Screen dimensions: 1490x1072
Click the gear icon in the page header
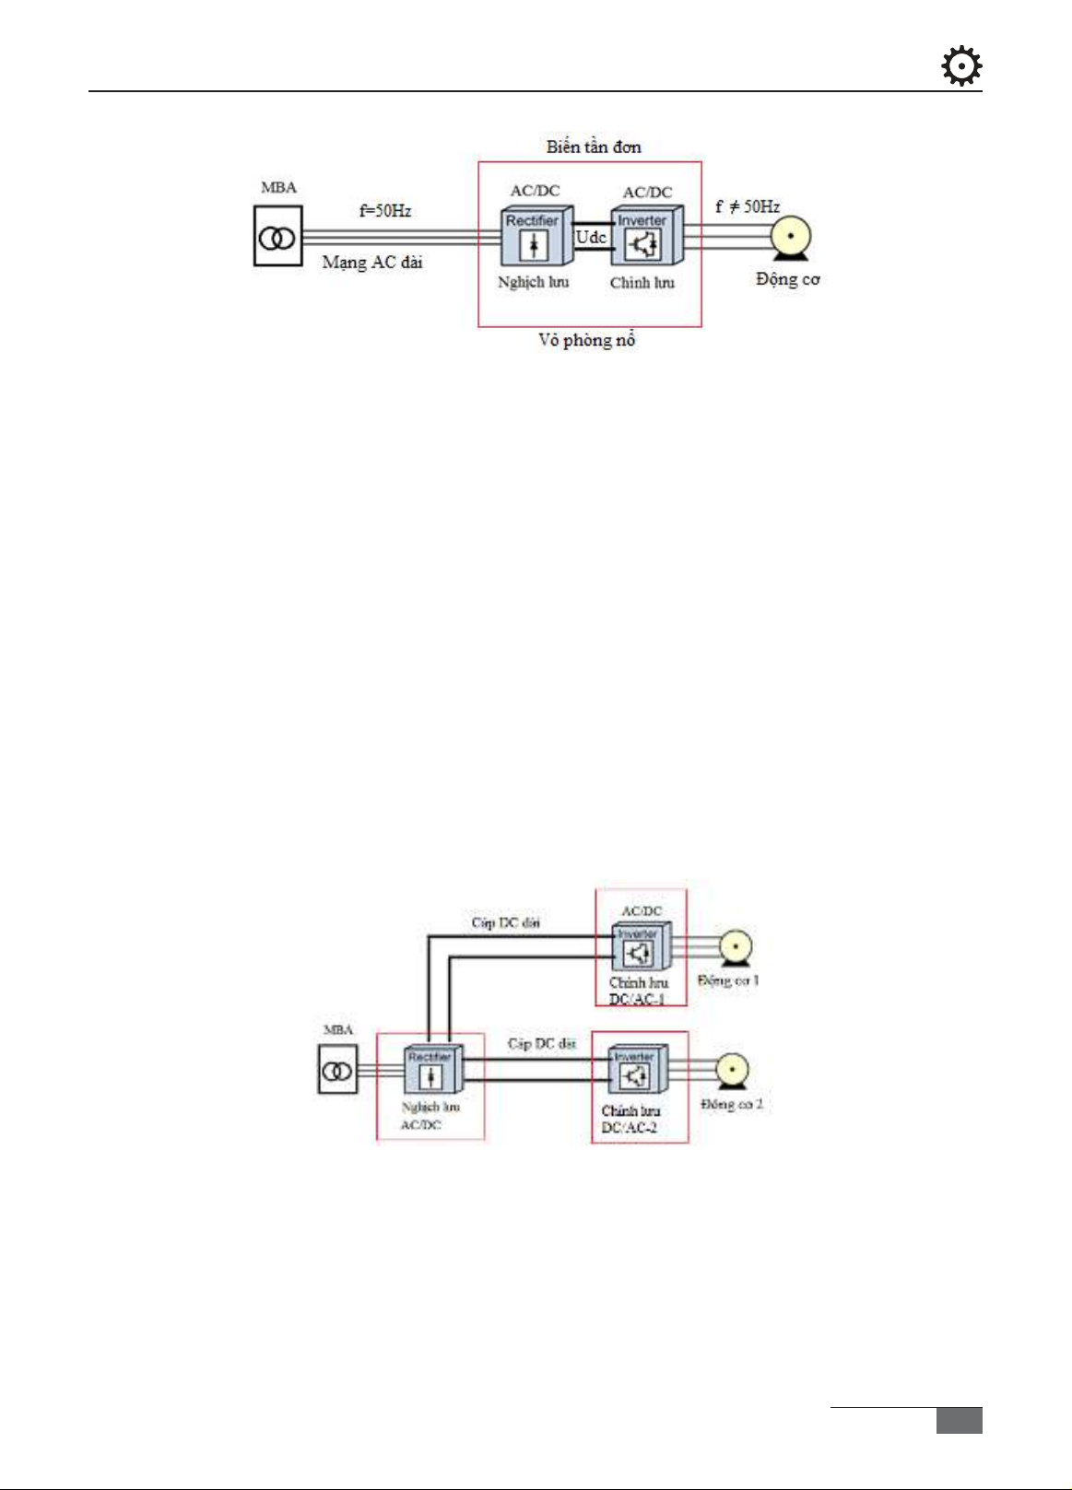(x=961, y=67)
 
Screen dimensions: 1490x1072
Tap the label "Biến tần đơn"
(x=593, y=147)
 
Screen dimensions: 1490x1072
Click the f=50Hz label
(x=385, y=211)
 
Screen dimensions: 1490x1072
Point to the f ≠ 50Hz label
(x=747, y=206)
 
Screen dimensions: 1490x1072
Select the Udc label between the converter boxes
(x=591, y=237)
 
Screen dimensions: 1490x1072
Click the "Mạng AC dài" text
(x=372, y=263)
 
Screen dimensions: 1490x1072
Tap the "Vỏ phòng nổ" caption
(x=587, y=340)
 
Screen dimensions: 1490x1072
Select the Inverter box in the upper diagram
(x=644, y=237)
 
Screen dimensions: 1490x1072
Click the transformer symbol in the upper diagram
(x=277, y=237)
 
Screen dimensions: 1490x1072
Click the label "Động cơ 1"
(x=728, y=980)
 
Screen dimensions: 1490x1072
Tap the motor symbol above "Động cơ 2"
(x=732, y=1072)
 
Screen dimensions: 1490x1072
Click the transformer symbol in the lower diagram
(x=337, y=1069)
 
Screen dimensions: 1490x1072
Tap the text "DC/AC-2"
(x=630, y=1128)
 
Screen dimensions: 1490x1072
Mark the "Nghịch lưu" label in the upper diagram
(x=533, y=282)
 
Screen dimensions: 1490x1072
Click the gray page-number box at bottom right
(x=959, y=1420)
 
